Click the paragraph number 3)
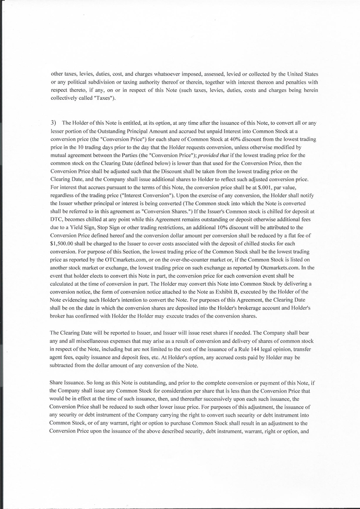(54, 122)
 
